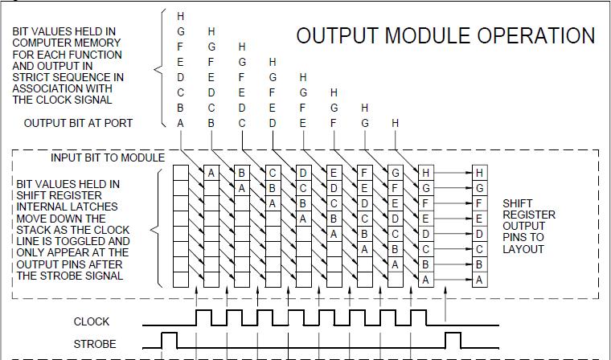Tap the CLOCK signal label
point(92,321)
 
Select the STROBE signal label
point(95,344)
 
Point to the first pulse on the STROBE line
point(170,339)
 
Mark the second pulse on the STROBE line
point(453,339)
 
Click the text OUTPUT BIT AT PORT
point(78,123)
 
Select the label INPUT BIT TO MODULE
point(108,157)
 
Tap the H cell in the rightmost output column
point(480,173)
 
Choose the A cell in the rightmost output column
point(480,280)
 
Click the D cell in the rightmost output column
point(480,234)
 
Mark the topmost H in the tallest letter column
point(181,16)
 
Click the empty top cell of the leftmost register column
point(181,173)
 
